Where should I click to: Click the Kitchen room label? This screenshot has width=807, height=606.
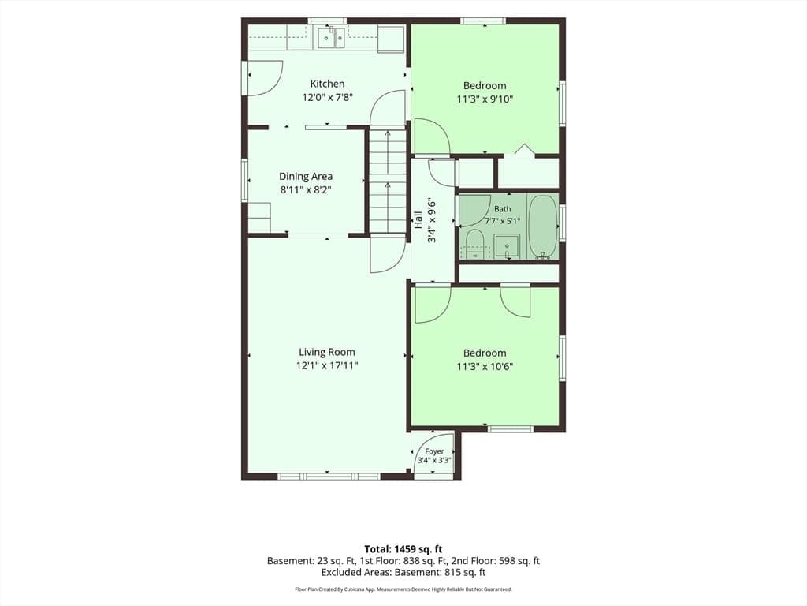pos(327,84)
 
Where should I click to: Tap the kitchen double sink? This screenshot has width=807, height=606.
pos(331,38)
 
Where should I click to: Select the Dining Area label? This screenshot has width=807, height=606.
pos(306,176)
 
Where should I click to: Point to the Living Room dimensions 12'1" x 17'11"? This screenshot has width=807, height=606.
pos(327,366)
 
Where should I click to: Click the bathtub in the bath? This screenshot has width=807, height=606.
pos(544,226)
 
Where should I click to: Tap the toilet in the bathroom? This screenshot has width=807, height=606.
pos(474,244)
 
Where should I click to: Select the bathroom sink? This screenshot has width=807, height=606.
pos(507,246)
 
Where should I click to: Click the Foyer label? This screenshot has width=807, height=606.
pos(434,451)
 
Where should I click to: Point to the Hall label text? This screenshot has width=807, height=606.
pos(419,220)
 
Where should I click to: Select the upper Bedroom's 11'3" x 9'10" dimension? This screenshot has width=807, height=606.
pos(485,99)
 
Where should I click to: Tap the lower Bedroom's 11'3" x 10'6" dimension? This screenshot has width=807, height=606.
pos(485,367)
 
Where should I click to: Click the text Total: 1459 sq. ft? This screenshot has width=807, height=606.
pos(403,549)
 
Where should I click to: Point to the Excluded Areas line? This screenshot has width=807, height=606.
pos(403,572)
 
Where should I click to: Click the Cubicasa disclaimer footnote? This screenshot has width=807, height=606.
pos(403,589)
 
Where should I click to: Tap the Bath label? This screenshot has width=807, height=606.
pos(503,208)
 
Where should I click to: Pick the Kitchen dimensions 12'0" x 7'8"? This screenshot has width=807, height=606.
pos(327,97)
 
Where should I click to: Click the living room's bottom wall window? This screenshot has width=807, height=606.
pos(329,477)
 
